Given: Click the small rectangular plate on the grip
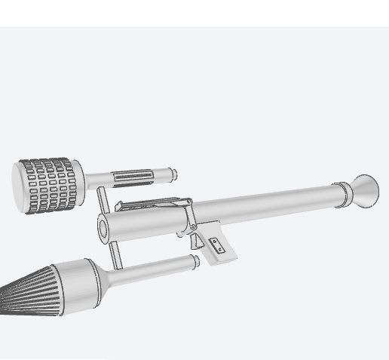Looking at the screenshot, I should (x=218, y=244).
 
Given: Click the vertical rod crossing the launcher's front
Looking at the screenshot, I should (x=109, y=226).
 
